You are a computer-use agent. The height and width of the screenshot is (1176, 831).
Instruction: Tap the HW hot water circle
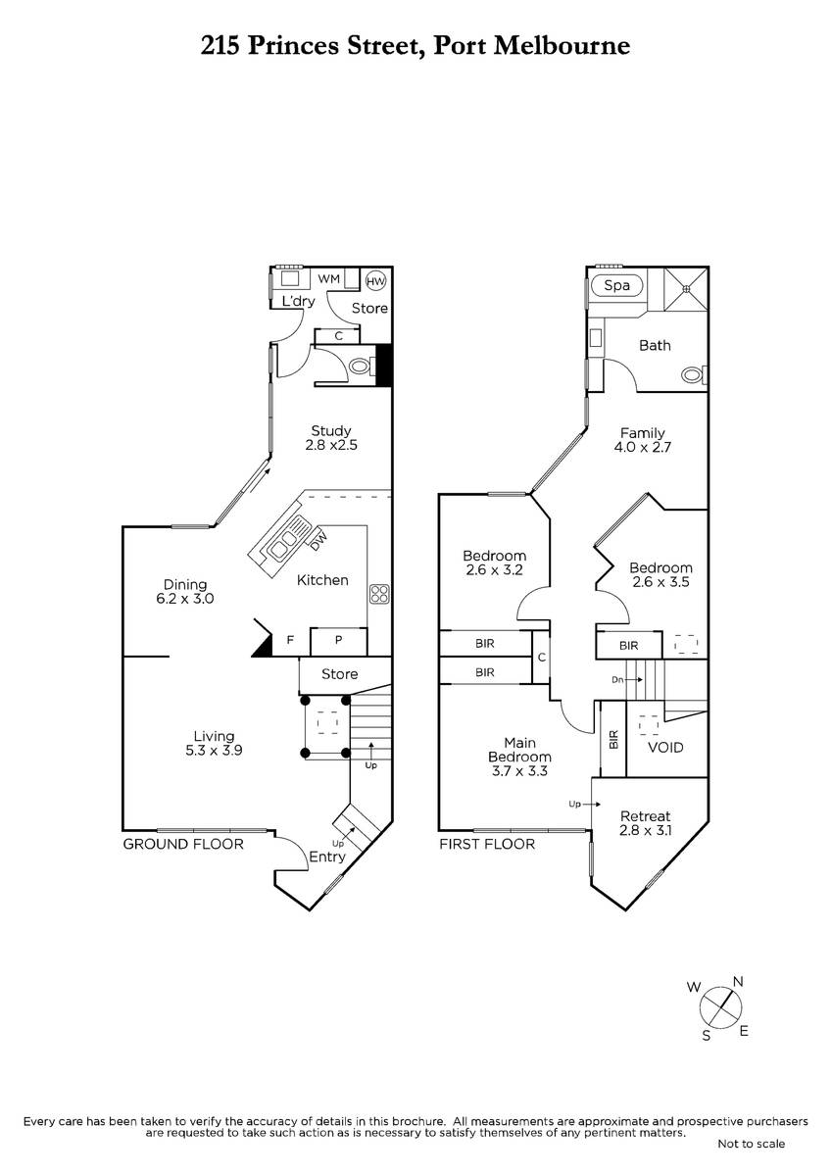point(375,281)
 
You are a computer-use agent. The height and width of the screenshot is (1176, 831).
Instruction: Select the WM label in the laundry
point(329,279)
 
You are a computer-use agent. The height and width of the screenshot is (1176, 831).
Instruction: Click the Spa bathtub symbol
point(616,286)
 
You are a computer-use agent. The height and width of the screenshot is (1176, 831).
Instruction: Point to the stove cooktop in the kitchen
point(379,594)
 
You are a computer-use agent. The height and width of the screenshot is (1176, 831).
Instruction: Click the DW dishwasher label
point(318,537)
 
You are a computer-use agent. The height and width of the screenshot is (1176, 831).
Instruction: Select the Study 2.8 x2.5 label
point(331,438)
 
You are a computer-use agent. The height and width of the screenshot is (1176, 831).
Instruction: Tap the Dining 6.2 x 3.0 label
point(185,591)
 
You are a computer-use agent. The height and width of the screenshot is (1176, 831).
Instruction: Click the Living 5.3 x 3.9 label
point(214,743)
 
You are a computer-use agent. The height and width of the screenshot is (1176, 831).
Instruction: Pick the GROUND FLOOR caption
point(182,843)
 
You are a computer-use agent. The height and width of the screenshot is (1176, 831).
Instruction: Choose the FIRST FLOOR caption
point(487,843)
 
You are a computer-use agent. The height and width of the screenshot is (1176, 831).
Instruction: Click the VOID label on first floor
point(666,748)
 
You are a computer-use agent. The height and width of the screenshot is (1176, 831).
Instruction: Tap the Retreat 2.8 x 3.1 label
point(645,823)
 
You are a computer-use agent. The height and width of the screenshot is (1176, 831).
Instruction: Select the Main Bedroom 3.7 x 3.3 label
point(519,757)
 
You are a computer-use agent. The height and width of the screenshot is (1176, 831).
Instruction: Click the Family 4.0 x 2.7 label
point(643,439)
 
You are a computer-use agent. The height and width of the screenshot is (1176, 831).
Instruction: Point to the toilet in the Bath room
point(693,373)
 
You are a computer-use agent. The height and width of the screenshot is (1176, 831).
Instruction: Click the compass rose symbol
point(723,1005)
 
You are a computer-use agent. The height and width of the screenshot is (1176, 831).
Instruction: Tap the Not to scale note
point(751,1144)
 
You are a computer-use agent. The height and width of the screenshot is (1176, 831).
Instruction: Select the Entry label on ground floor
point(326,857)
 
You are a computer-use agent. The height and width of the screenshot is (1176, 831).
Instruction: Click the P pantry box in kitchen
point(338,640)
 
